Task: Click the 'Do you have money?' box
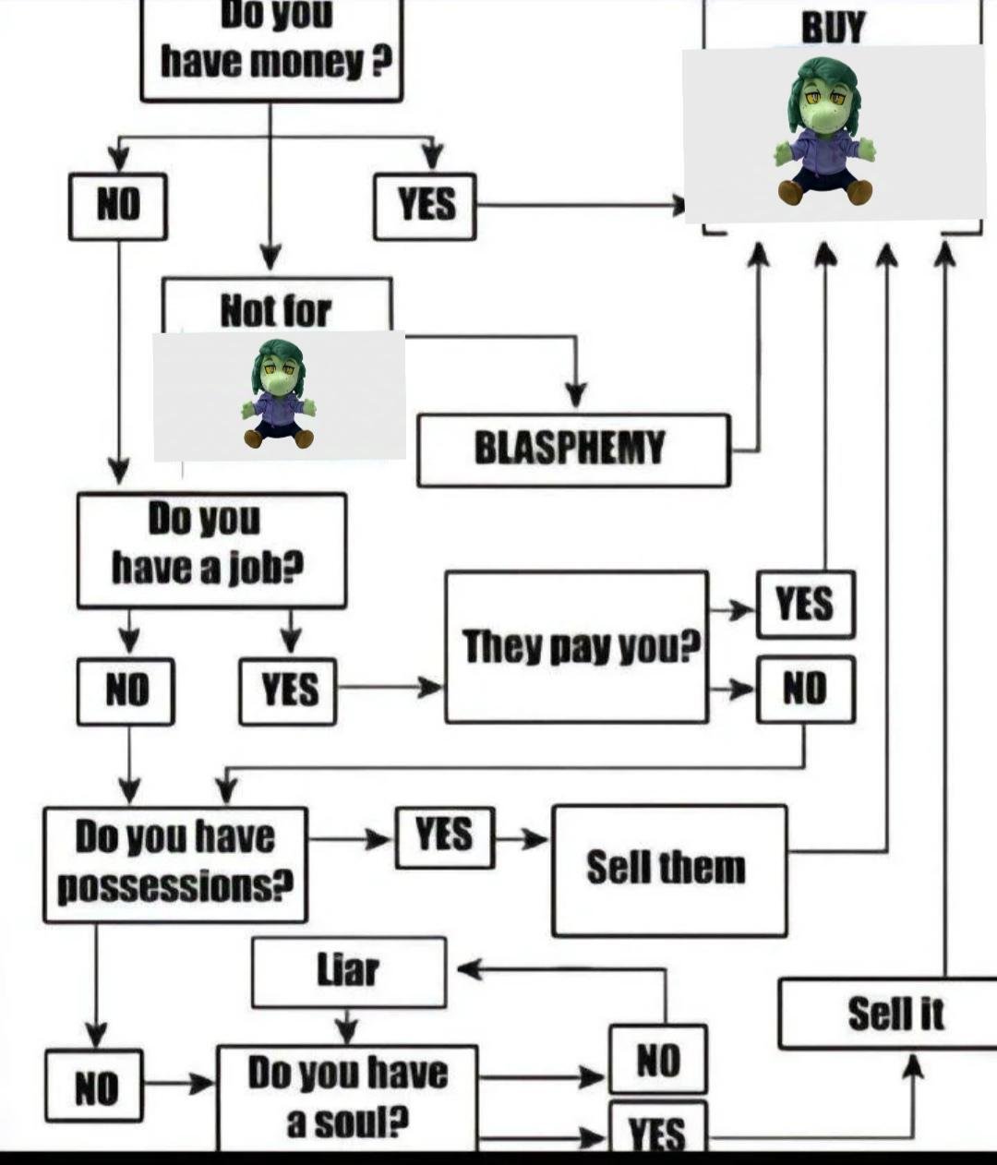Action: click(x=271, y=51)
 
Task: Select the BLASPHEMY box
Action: click(x=572, y=450)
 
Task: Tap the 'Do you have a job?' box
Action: click(x=211, y=550)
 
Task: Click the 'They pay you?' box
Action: click(x=576, y=646)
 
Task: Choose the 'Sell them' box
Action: click(x=669, y=870)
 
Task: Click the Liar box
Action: click(x=348, y=971)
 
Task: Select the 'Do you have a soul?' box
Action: click(x=347, y=1098)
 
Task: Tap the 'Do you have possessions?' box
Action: click(x=174, y=864)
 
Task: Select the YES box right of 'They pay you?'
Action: click(x=805, y=605)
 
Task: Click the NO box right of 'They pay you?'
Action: click(x=805, y=689)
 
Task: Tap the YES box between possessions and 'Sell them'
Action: click(x=444, y=836)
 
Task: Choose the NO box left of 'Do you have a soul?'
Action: click(x=95, y=1086)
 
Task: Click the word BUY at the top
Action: click(x=833, y=27)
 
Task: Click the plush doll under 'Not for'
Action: click(x=279, y=394)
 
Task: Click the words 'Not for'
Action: click(x=275, y=310)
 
